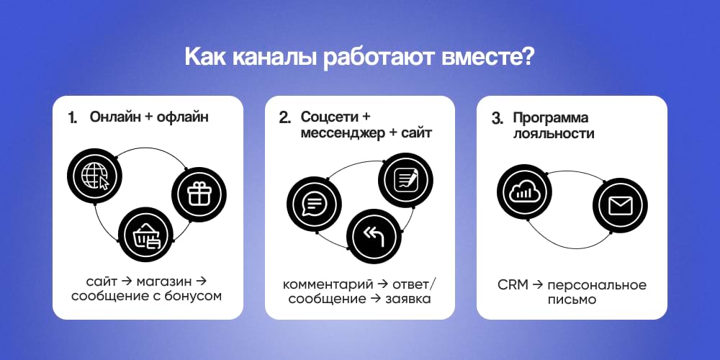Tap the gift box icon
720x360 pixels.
point(199,193)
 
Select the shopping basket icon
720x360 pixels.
point(145,234)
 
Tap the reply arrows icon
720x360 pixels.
point(374,235)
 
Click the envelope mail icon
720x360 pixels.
point(619,206)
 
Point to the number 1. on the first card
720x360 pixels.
point(73,118)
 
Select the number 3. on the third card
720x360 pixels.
point(497,118)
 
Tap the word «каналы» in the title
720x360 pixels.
point(265,57)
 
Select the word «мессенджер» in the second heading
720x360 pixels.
point(338,133)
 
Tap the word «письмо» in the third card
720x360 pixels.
point(572,300)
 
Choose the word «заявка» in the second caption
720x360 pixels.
point(407,297)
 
